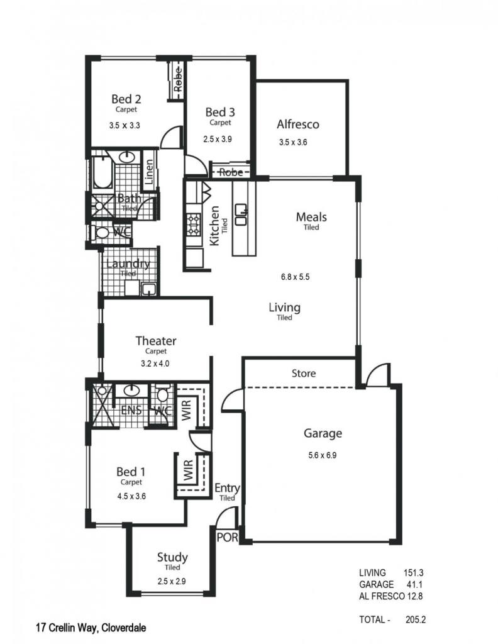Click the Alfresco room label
[297, 124]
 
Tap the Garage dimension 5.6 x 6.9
[323, 455]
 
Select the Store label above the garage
[304, 374]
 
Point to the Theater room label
[156, 340]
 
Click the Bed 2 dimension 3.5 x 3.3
[124, 125]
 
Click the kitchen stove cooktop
[194, 225]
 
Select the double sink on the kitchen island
[241, 215]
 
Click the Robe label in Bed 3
[231, 172]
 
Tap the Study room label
[172, 557]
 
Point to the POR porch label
[227, 537]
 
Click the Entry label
[227, 488]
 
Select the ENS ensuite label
[131, 410]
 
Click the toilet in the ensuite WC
[163, 394]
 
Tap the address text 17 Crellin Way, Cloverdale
[91, 628]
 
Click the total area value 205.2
[416, 619]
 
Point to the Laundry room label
[128, 264]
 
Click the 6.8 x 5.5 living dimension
[295, 277]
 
